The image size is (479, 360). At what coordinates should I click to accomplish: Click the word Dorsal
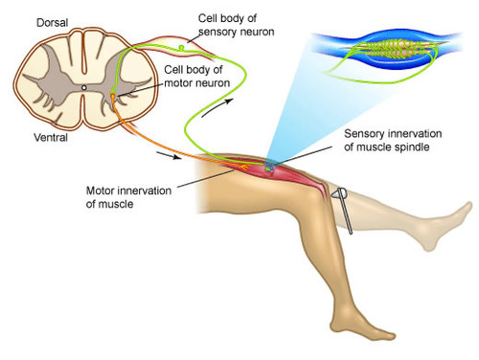[x=52, y=23]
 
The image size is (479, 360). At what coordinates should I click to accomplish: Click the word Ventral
[x=51, y=138]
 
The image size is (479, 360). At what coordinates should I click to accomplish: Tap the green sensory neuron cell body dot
[x=181, y=47]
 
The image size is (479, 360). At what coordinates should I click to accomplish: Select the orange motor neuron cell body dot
[x=113, y=96]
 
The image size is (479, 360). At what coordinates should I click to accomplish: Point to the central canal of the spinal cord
[x=84, y=88]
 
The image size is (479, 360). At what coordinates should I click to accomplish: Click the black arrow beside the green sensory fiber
[x=217, y=108]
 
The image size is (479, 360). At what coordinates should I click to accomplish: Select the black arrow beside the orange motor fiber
[x=169, y=156]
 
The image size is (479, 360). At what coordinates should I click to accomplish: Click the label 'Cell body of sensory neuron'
[x=236, y=25]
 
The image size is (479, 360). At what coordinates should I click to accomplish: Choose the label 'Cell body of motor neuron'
[x=197, y=77]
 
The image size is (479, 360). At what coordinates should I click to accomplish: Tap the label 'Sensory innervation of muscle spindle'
[x=393, y=140]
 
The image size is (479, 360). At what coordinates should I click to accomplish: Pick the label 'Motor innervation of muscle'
[x=129, y=197]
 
